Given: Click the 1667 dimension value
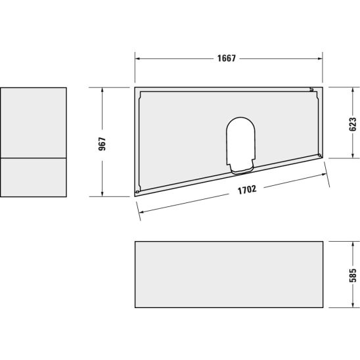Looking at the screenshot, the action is tap(227, 58).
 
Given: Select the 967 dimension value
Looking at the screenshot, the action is tap(102, 144).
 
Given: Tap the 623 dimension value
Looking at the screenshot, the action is tap(353, 124).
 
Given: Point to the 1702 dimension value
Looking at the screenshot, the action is tap(247, 190).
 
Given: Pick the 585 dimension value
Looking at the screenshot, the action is tap(353, 275).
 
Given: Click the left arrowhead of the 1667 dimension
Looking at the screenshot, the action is tap(137, 58).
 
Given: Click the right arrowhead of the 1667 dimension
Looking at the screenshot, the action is tap(320, 58).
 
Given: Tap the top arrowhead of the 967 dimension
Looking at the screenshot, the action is tap(102, 90).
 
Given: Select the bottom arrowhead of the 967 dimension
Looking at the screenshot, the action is tap(102, 194).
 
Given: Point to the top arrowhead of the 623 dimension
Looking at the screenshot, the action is tap(353, 90).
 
